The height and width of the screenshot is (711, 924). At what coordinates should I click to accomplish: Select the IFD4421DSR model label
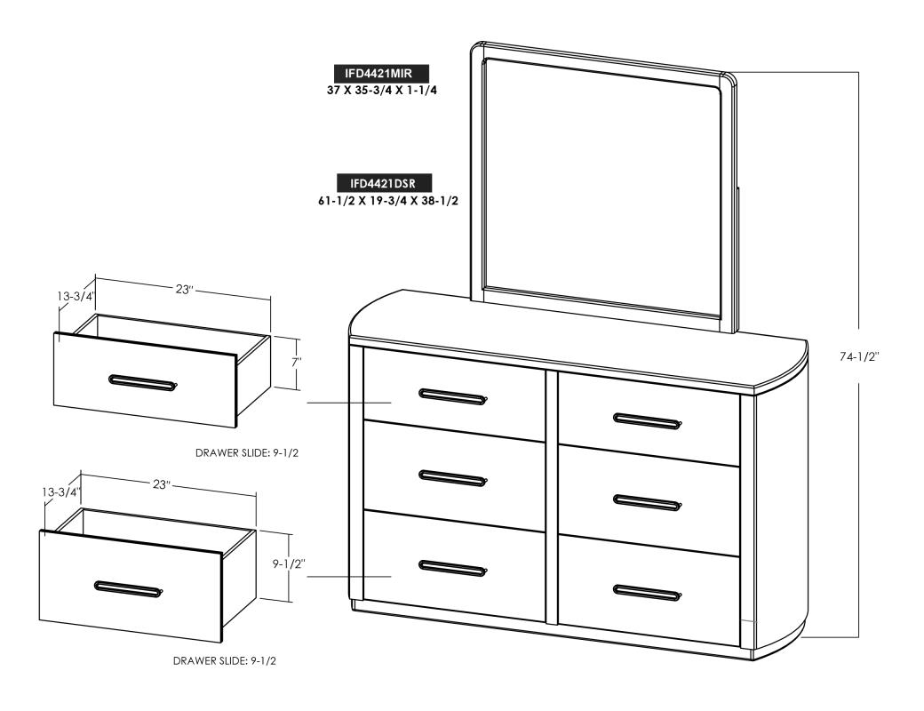coord(383,183)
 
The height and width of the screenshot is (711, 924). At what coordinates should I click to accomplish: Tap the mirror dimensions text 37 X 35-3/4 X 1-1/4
coord(381,91)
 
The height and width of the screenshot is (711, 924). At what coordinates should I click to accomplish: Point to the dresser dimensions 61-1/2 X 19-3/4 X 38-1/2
coord(388,201)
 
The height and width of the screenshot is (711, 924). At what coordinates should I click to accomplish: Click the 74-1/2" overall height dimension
coord(860,356)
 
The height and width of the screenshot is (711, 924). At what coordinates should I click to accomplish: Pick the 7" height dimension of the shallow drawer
coord(296,363)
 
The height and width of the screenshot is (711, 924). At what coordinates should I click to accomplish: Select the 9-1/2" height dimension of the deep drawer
coord(288,563)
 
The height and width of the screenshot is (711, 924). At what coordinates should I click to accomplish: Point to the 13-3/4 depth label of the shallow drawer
coord(76,296)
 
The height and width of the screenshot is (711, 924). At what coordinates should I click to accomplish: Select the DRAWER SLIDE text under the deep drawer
coord(225,661)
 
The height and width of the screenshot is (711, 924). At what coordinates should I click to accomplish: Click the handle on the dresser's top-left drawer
coord(453,395)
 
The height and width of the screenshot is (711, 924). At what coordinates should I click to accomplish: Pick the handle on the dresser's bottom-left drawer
coord(452,567)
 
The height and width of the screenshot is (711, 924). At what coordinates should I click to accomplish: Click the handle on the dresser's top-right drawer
coord(647,420)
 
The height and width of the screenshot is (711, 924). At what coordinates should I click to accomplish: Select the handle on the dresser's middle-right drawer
coord(647,502)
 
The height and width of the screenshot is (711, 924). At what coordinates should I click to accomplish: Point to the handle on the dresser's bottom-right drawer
coord(647,591)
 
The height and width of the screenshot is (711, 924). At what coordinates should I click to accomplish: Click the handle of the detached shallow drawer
coord(143,381)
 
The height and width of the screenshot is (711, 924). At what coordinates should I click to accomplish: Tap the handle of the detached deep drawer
coord(129,587)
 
